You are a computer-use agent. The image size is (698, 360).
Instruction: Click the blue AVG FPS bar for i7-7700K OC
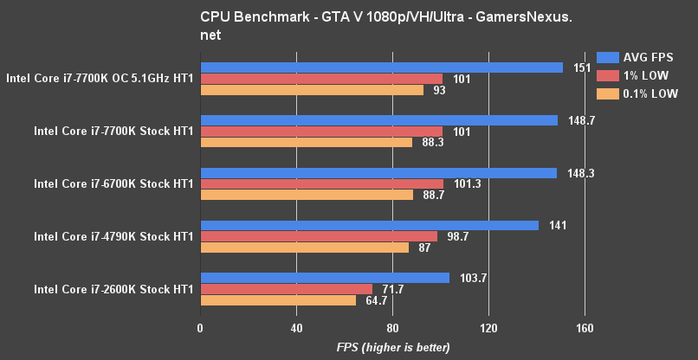tap(381, 67)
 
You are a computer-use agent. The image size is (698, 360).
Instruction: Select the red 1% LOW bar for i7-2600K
tap(287, 289)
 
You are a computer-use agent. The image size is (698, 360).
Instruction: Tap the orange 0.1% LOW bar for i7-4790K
tap(305, 247)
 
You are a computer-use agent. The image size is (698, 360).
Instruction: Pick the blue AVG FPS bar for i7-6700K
tap(378, 173)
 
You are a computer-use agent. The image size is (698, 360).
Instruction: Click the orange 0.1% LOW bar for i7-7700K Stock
tap(307, 143)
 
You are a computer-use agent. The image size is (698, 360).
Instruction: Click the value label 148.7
tap(579, 120)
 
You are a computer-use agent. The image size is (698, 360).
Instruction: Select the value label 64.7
tap(376, 300)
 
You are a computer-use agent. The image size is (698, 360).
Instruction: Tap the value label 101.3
tap(466, 184)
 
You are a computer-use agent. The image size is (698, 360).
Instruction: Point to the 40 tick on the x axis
tap(296, 328)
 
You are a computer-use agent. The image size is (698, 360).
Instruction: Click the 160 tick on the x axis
tap(584, 328)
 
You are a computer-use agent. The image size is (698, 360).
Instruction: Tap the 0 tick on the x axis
tap(201, 328)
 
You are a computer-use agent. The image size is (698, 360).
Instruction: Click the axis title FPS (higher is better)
tap(393, 347)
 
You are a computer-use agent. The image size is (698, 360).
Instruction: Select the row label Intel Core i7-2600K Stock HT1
tap(113, 289)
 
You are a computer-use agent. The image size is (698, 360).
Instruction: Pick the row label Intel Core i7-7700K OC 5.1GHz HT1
tap(100, 79)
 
